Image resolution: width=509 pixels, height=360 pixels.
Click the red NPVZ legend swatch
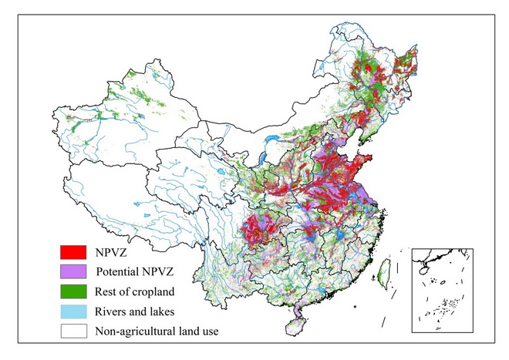point(73,251)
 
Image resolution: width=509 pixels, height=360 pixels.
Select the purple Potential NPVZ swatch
point(73,271)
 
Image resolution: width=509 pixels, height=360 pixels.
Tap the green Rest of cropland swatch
point(73,292)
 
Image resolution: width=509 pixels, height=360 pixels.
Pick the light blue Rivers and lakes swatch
point(73,312)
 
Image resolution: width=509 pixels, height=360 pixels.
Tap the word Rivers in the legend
point(112,312)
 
